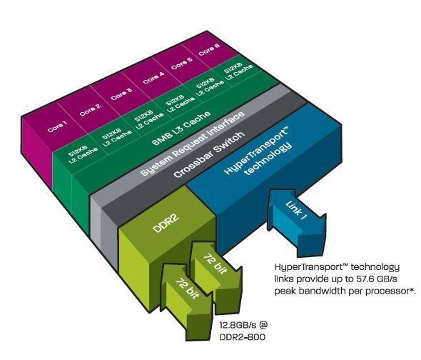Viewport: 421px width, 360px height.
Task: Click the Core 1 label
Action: (57, 127)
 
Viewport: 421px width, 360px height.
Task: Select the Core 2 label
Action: (90, 110)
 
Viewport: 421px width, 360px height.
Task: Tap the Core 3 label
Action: (121, 94)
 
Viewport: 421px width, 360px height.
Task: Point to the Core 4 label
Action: (153, 77)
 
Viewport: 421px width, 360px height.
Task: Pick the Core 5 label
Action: (182, 64)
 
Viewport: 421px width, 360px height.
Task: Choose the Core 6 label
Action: (209, 49)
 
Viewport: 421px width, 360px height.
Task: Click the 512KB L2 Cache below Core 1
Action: (83, 154)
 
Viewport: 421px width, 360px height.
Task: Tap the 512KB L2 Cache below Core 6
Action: (238, 71)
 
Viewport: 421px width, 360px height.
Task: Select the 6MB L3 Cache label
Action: (181, 129)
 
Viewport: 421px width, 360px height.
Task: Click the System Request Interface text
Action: (193, 144)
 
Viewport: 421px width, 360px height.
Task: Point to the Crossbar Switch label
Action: (209, 154)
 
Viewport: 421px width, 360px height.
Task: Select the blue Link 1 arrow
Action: (297, 222)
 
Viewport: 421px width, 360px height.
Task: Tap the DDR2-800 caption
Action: (243, 337)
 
